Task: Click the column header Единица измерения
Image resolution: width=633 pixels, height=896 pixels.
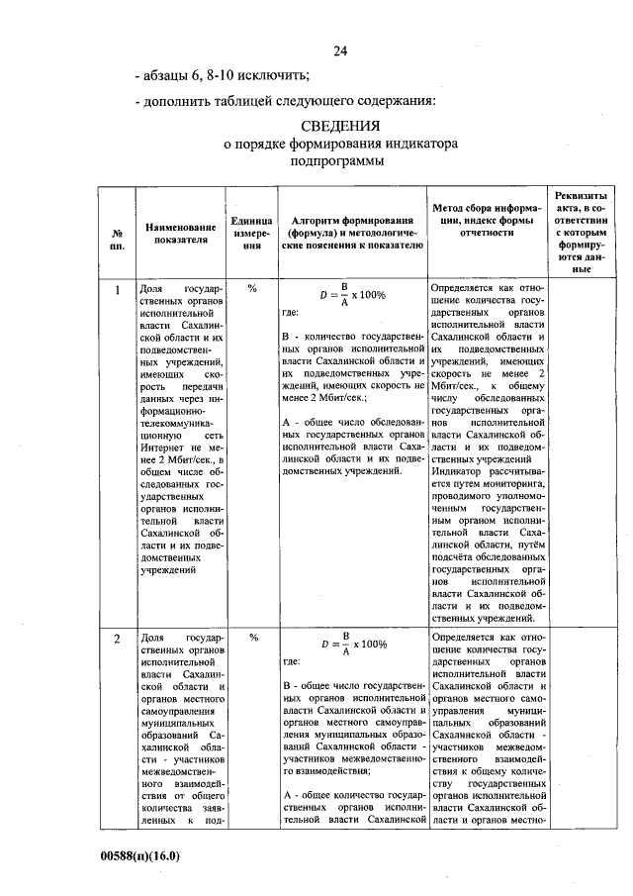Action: tap(252, 233)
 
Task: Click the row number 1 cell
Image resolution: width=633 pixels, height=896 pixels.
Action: tap(116, 290)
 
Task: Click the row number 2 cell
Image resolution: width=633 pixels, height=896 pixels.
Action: tap(116, 639)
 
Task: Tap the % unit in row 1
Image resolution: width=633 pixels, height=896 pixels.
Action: tap(252, 289)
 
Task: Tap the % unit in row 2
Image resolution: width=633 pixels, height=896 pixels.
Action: tap(252, 638)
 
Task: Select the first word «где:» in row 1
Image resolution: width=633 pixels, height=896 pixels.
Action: tap(291, 315)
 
